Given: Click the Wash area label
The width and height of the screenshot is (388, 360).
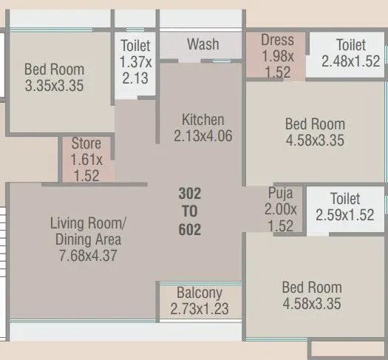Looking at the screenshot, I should point(202,44).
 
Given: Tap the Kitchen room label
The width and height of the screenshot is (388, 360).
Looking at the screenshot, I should point(203,120).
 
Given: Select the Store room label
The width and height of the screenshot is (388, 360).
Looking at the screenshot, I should point(86,143).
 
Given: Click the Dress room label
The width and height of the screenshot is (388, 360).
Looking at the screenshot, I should point(277,41).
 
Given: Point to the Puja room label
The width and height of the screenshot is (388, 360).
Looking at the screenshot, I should point(281,194).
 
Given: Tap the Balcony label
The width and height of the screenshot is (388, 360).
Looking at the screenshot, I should point(200,292).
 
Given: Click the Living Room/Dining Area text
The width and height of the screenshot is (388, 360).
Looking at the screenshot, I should point(88,231).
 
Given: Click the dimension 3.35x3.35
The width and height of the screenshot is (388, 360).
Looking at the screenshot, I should point(54,86).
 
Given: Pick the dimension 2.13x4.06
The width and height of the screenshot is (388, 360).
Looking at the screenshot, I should point(203,136).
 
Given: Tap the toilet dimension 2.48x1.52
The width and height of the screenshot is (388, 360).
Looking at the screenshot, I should point(351,62).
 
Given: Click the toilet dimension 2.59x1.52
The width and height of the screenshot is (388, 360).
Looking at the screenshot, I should point(345,215).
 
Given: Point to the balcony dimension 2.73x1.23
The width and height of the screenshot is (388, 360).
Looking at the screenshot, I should point(200,308).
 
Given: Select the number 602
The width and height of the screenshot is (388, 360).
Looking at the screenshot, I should point(190,230).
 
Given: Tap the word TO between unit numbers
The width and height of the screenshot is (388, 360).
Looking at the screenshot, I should point(190,212).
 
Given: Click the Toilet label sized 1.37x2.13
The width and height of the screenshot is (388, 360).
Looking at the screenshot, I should point(135,46).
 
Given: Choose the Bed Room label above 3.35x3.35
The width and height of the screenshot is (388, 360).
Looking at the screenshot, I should point(54,69).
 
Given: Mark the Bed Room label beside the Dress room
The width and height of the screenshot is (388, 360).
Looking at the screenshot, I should point(314,124).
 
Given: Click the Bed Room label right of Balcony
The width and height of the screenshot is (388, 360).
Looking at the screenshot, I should point(311,287).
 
